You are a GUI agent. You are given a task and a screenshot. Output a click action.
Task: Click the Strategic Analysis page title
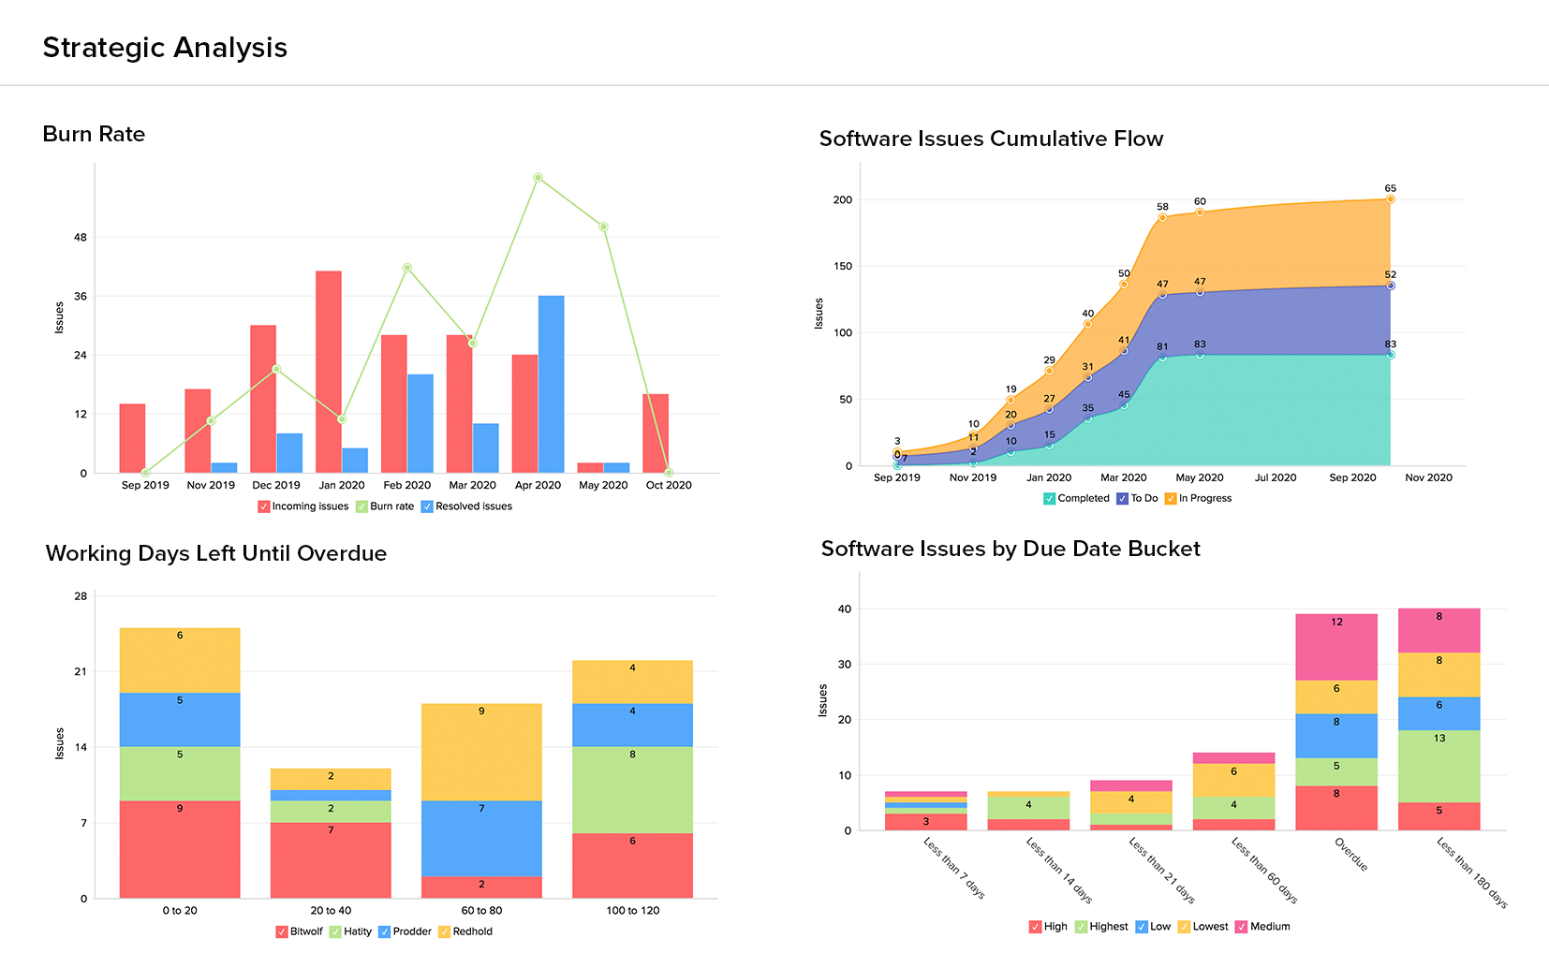(x=165, y=48)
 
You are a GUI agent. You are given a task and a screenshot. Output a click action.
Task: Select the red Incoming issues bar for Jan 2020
(x=329, y=372)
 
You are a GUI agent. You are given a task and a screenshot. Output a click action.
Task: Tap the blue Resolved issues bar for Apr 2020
(x=551, y=384)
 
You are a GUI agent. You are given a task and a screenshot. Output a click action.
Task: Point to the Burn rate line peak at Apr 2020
(x=538, y=177)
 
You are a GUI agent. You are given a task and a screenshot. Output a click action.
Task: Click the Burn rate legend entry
(x=385, y=506)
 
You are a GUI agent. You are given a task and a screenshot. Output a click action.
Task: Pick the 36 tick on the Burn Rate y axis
(x=81, y=296)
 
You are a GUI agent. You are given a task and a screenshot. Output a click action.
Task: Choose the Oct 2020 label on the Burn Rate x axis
(x=669, y=485)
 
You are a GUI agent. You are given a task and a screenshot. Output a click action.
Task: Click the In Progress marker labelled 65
(x=1390, y=199)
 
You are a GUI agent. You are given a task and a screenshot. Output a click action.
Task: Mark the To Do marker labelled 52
(x=1390, y=286)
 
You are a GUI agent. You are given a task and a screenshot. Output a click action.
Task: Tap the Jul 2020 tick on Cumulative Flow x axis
(x=1276, y=477)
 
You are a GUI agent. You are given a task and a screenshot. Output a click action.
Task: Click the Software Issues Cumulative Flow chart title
(x=991, y=139)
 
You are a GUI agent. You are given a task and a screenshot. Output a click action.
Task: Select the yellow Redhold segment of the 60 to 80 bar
(x=481, y=752)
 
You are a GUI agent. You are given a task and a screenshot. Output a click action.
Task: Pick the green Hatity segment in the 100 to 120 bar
(x=632, y=789)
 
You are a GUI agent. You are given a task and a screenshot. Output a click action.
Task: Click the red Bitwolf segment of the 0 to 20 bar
(x=180, y=849)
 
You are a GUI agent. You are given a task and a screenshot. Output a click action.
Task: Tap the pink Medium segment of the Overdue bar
(x=1336, y=647)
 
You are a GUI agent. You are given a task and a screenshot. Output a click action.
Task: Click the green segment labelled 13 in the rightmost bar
(x=1438, y=766)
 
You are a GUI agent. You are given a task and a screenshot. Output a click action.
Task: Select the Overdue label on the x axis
(x=1351, y=854)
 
